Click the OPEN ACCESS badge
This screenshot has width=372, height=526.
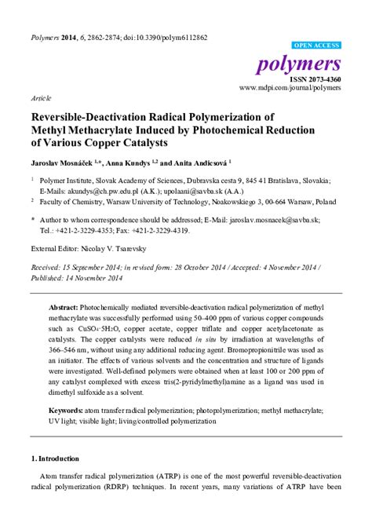pos(315,46)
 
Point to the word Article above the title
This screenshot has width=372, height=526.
pos(40,100)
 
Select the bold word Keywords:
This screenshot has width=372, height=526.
pos(70,411)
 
